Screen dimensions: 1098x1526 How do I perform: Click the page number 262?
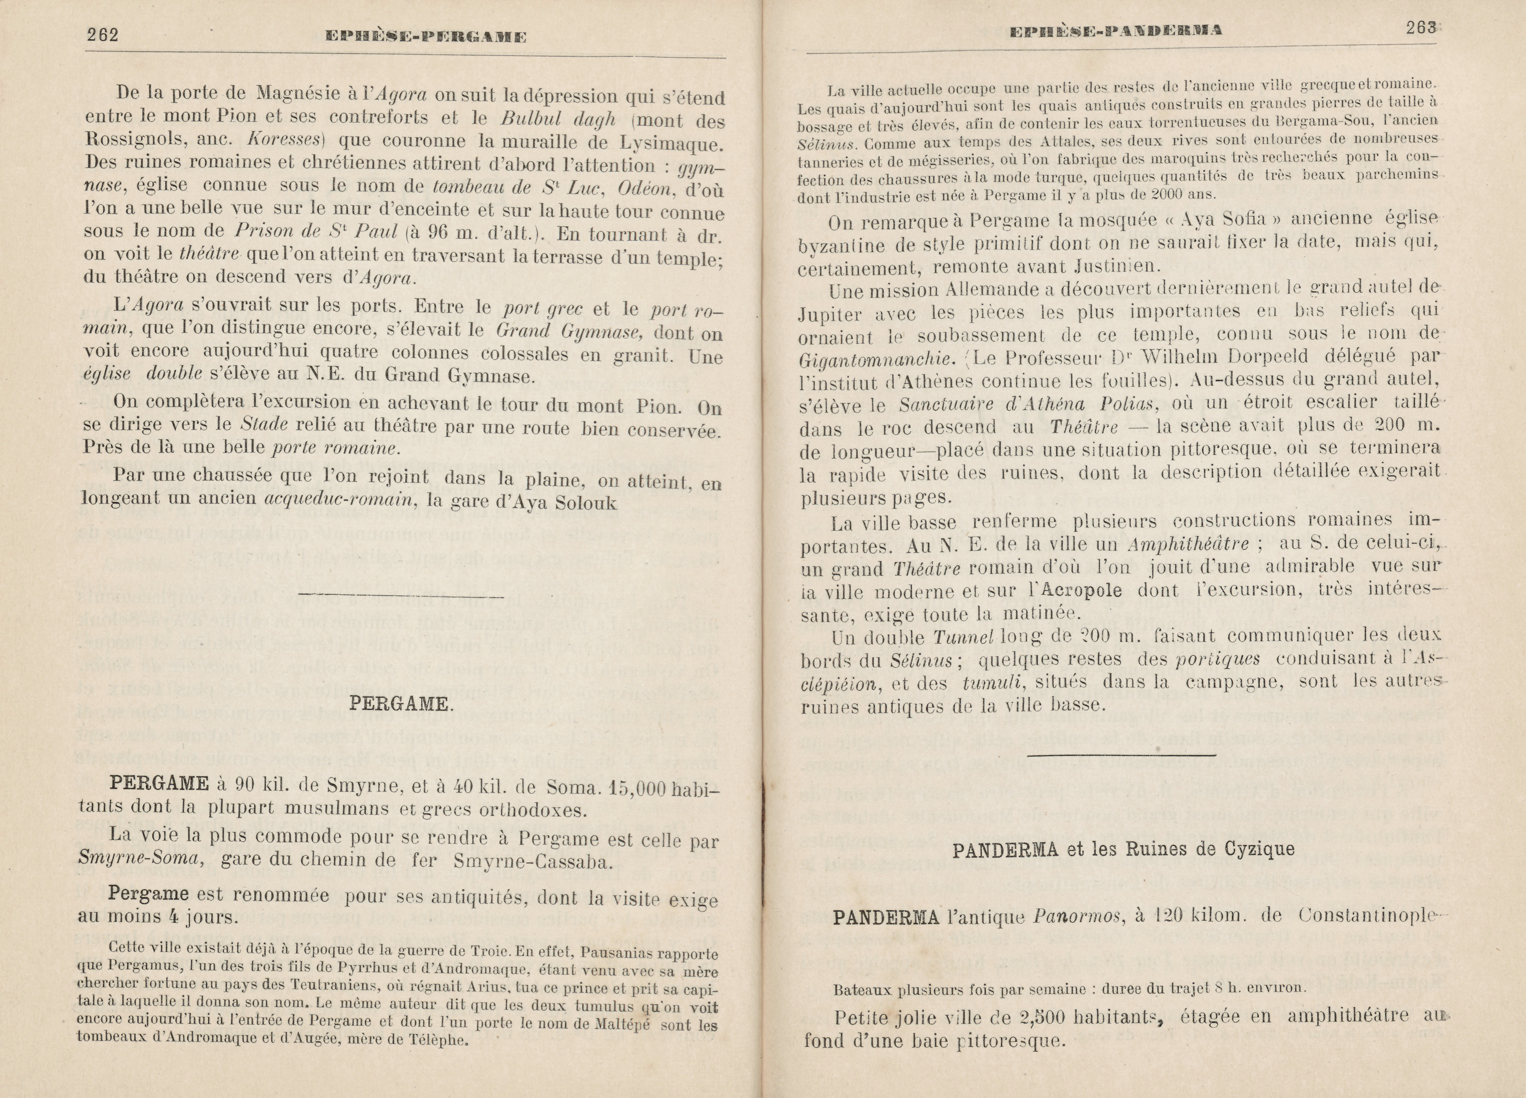[x=102, y=35]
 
